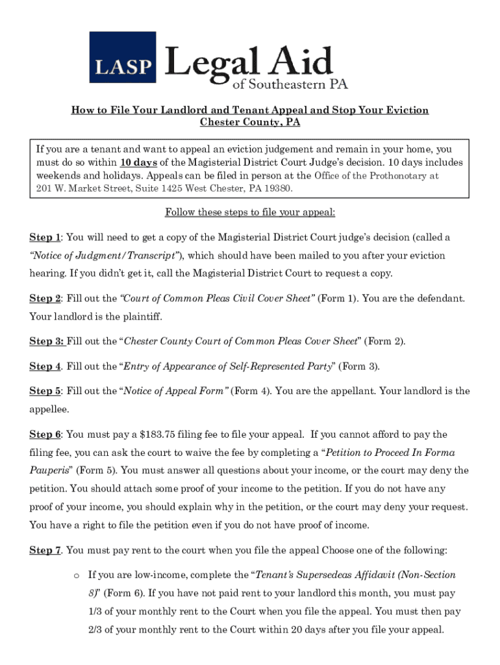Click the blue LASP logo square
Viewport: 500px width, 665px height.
tap(123, 57)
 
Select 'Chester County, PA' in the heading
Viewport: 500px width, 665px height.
tap(250, 122)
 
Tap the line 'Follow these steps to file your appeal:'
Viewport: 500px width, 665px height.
tap(250, 212)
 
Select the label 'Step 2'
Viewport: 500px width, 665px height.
tap(45, 298)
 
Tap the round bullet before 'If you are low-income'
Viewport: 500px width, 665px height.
tap(76, 575)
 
